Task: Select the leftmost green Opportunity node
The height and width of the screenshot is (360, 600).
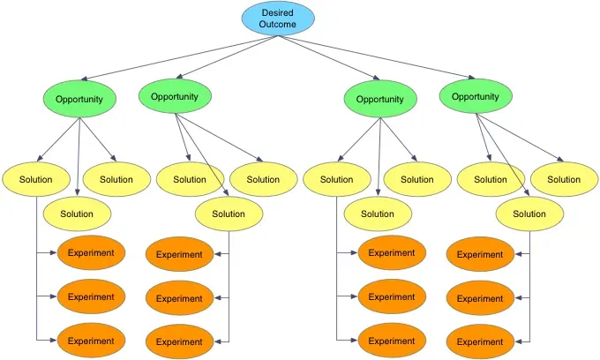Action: [79, 99]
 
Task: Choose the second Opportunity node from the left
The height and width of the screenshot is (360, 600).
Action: [174, 97]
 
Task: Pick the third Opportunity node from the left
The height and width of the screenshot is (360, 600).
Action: [379, 99]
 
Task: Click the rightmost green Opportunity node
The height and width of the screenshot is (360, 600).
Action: [475, 97]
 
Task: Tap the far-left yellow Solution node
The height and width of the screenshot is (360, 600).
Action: [35, 179]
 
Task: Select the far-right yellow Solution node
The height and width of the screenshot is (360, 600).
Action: [564, 179]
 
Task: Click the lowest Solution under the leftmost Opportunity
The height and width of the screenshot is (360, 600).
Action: [77, 214]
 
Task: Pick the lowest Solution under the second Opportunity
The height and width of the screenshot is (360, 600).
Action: [229, 214]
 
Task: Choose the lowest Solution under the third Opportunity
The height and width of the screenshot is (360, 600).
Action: [377, 214]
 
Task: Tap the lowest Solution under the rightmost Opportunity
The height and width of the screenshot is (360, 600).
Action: [529, 214]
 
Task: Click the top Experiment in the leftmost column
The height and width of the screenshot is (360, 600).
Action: [91, 253]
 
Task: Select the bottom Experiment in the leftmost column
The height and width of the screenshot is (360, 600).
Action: [91, 341]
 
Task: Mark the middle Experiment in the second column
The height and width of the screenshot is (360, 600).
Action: [179, 298]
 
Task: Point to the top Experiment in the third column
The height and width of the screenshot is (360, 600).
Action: [392, 253]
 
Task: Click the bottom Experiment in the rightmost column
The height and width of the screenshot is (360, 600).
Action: [479, 341]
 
